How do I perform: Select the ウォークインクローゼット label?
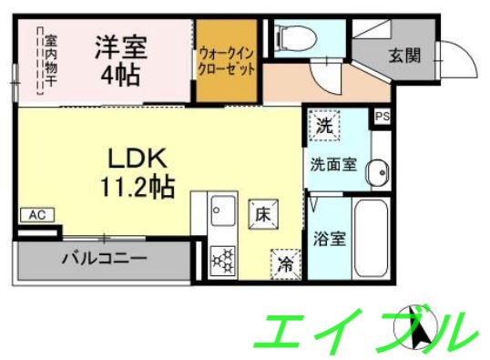[x=226, y=61]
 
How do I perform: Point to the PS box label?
[x=381, y=117]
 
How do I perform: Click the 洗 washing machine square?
[x=323, y=127]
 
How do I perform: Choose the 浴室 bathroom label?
[x=329, y=240]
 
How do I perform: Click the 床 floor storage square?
[x=260, y=214]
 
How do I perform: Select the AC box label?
[x=36, y=215]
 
